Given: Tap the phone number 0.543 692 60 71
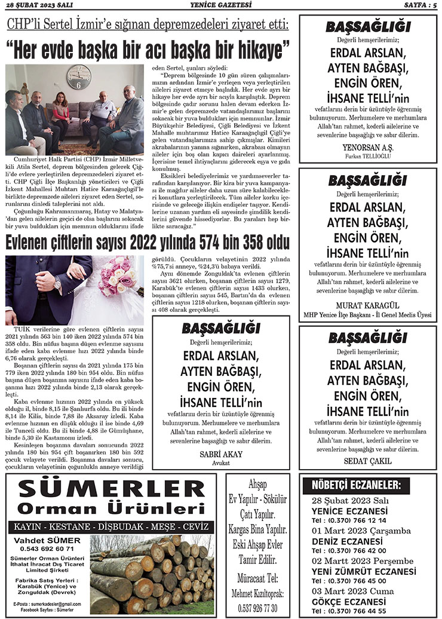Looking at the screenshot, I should (47, 548).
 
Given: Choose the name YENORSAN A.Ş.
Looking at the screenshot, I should (367, 147).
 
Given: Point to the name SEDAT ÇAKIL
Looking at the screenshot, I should (367, 461).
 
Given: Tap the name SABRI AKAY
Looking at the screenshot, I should (220, 454).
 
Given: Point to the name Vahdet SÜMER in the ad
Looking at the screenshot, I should (47, 540).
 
